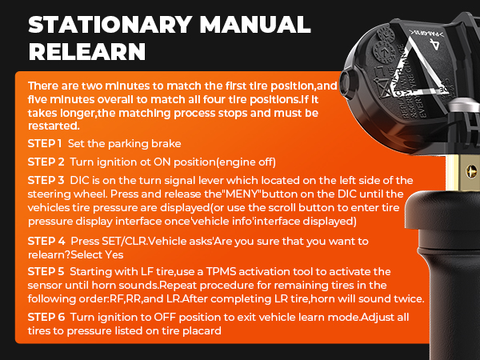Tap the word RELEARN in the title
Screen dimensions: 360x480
tap(87, 52)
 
